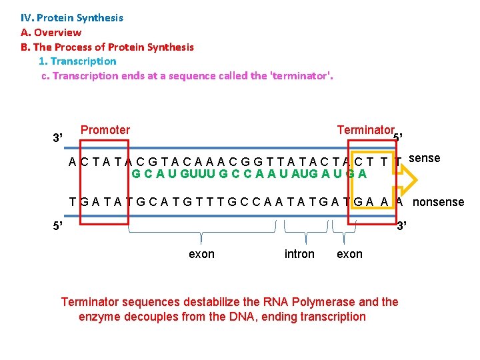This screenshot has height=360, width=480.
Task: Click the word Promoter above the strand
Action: pyautogui.click(x=105, y=130)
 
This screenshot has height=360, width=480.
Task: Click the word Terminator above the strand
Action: pyautogui.click(x=365, y=130)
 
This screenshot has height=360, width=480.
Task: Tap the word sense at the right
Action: pyautogui.click(x=424, y=158)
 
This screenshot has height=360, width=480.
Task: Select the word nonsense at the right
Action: pyautogui.click(x=439, y=202)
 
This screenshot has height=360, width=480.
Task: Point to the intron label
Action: pyautogui.click(x=299, y=254)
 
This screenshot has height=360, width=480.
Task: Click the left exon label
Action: pyautogui.click(x=202, y=254)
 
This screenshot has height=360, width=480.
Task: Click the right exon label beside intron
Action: pyautogui.click(x=349, y=254)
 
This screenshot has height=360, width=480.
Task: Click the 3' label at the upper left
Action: pyautogui.click(x=58, y=138)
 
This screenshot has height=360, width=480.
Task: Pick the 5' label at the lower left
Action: pyautogui.click(x=58, y=225)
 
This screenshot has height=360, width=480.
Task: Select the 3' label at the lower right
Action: pyautogui.click(x=401, y=225)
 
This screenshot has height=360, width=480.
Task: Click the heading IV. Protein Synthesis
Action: pyautogui.click(x=72, y=18)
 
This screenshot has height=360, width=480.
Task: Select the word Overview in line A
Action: pyautogui.click(x=57, y=33)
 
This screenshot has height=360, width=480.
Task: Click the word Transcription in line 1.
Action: pyautogui.click(x=87, y=61)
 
